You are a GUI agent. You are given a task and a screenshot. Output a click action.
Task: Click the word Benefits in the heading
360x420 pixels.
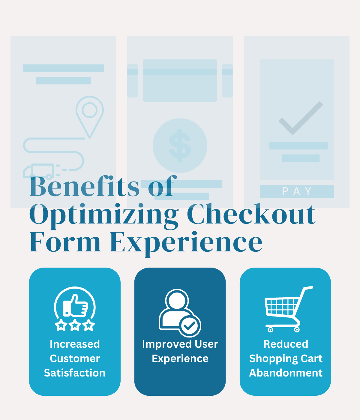pos(84,187)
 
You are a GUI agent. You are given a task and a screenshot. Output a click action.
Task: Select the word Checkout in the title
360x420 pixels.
pos(251,214)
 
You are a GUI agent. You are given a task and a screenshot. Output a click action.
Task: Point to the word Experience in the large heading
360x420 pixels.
pos(186,243)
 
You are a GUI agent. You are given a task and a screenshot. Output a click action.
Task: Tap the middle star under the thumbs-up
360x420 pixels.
pos(75,325)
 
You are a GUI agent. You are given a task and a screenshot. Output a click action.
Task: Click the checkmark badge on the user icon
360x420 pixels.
pos(190,325)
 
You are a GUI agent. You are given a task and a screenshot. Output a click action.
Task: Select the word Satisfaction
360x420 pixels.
pos(75,373)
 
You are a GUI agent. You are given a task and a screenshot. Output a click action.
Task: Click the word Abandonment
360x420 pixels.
pos(286,373)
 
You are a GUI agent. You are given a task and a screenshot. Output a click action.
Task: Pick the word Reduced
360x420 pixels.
pos(286,344)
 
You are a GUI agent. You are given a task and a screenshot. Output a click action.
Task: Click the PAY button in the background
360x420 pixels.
pos(297,191)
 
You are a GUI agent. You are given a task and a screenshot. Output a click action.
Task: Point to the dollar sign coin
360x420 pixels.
pos(180,145)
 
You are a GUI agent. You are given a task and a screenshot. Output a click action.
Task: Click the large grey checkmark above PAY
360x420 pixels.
pos(300,118)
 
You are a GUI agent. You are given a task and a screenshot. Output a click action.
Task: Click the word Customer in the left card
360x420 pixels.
pos(75,358)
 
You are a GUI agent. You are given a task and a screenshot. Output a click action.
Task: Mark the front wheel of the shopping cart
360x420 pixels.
pos(297,330)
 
